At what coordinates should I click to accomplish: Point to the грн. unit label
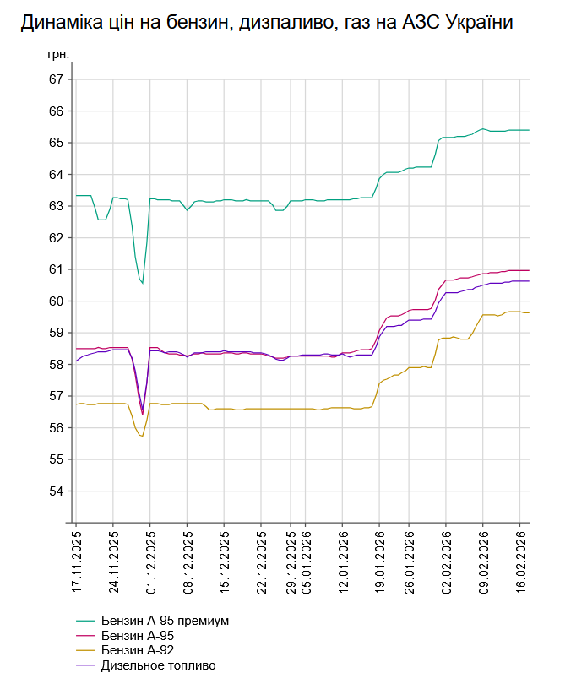58,54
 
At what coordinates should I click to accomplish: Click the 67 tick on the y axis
57,79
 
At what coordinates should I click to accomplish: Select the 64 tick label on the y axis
57,175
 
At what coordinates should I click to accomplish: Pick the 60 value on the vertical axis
57,301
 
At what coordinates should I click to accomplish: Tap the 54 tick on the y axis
57,491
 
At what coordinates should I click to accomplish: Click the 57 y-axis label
57,396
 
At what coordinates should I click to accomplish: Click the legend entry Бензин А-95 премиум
165,621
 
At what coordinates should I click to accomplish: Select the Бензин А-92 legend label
139,650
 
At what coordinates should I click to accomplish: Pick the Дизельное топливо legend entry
158,665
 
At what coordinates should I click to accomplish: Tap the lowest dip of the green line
142,283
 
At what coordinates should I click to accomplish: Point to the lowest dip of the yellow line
141,436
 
